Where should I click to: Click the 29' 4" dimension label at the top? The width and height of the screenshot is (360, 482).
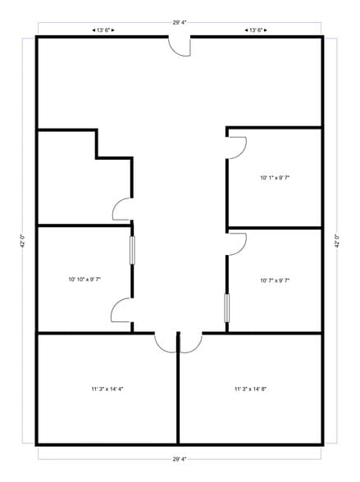pos(180,23)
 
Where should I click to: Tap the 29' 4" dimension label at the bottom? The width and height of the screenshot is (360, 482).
pos(180,458)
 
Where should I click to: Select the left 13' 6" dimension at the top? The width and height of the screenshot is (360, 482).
pos(104,30)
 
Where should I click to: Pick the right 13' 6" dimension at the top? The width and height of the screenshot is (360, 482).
pos(255,30)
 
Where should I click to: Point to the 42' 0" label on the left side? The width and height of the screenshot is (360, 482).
pos(22,243)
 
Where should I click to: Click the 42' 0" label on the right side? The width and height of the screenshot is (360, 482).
pos(337,243)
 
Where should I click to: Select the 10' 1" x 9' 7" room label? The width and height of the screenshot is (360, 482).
pos(275,177)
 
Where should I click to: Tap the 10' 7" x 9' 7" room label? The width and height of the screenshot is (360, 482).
pos(275,280)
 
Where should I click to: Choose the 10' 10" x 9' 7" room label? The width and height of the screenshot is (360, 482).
pos(84,280)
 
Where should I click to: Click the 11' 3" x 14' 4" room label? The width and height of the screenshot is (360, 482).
pos(107,389)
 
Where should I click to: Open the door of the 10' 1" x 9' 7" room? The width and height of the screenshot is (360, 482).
pos(237,148)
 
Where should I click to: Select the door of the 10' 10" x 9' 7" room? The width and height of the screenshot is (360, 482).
pos(121,310)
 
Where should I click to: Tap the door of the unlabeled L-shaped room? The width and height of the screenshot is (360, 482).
pos(122,210)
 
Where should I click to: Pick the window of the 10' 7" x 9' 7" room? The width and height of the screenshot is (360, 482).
pos(227,307)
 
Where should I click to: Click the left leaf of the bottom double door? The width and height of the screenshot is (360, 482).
pos(166,342)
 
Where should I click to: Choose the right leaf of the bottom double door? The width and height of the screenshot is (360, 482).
pos(189,342)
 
